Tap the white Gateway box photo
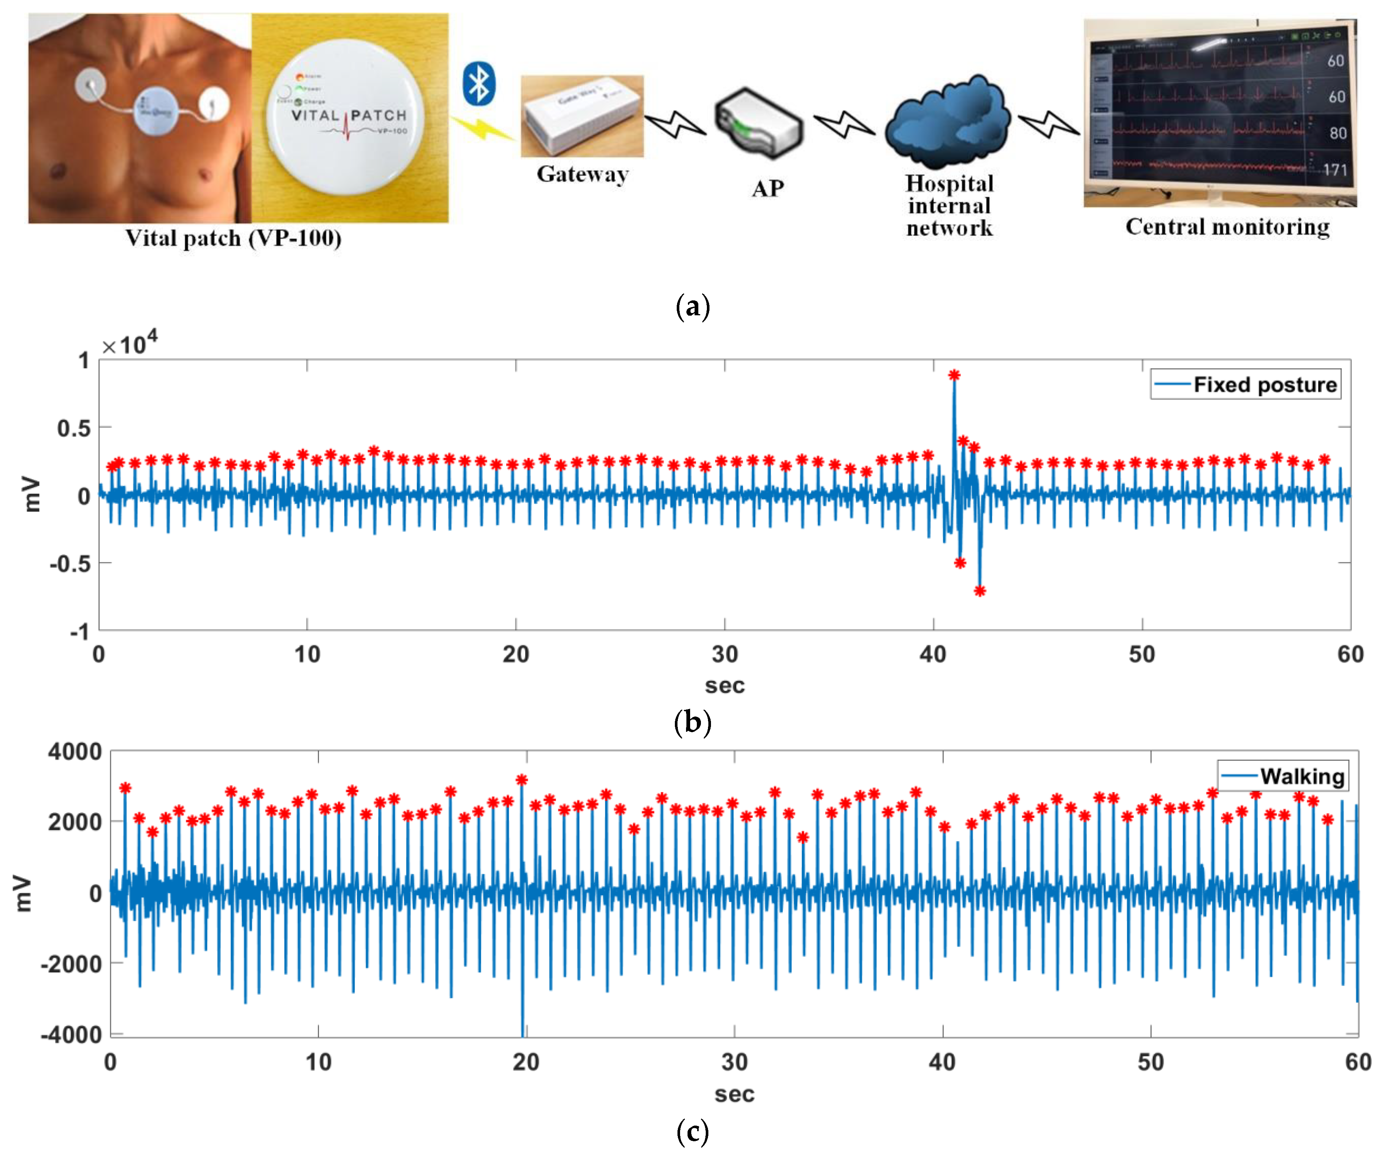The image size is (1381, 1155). click(x=582, y=117)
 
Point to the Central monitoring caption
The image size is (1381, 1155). click(x=1227, y=227)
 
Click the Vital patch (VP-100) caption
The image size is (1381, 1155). click(x=233, y=238)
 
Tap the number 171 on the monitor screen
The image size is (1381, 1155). click(x=1335, y=170)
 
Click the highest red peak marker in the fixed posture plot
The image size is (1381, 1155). click(x=954, y=375)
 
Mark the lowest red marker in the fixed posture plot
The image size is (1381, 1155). click(x=980, y=591)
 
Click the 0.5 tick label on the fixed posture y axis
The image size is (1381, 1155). click(x=74, y=428)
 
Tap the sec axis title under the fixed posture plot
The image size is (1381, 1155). click(x=725, y=685)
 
